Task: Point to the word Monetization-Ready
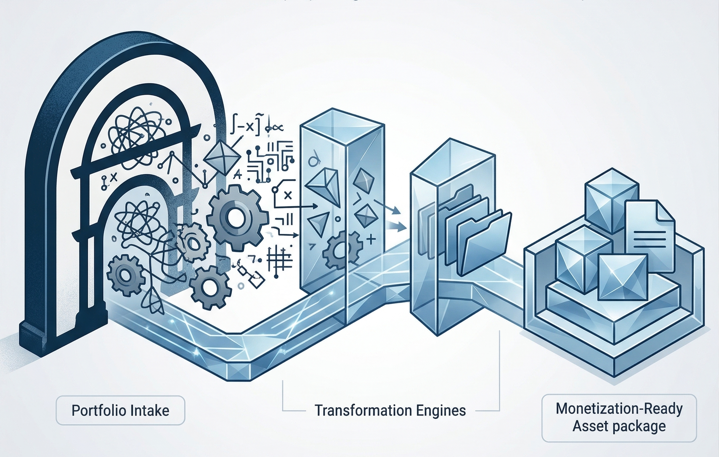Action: (x=619, y=409)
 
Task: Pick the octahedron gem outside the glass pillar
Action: (x=222, y=157)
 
